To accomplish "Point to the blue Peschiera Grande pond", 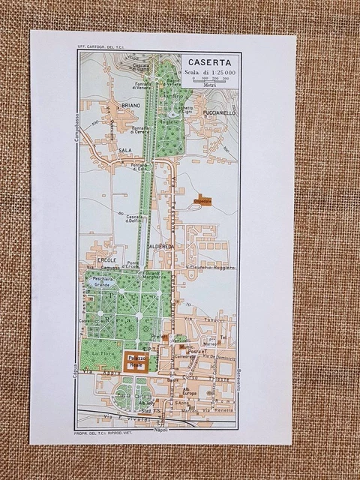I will (x=104, y=283).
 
